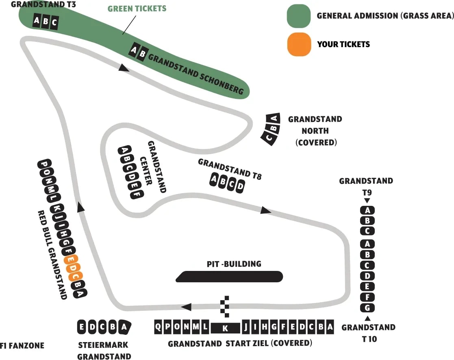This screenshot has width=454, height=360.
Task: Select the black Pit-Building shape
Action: coord(230,277)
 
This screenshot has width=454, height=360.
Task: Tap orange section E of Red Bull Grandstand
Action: coord(71,260)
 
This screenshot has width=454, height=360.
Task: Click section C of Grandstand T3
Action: coord(54,22)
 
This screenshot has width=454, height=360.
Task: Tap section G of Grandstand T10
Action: coord(367,308)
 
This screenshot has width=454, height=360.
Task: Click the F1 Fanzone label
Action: coord(22,346)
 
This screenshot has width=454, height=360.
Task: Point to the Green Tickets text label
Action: coord(137,9)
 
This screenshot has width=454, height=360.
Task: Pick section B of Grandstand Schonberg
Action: coord(141,54)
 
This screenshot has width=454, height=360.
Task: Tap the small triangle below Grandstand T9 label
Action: coord(367,201)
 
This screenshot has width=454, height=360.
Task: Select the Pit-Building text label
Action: coord(234,264)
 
